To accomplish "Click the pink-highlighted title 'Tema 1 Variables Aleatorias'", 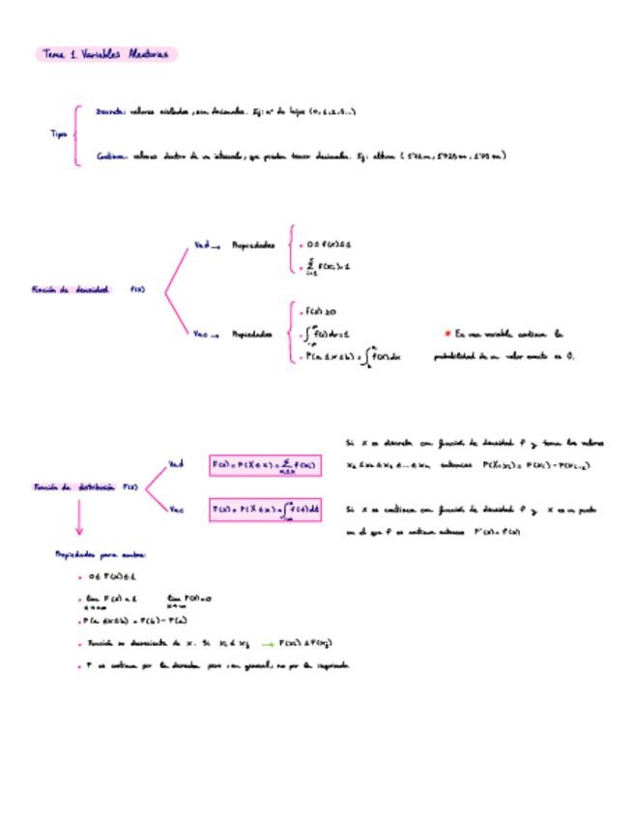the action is pos(105,55).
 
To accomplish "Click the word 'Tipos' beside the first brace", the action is pos(58,134).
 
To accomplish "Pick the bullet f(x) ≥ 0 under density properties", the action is pos(320,312).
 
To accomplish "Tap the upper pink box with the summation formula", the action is pos(265,465).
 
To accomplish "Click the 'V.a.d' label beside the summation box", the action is pos(176,463).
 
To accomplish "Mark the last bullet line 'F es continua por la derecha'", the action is pos(213,665).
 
